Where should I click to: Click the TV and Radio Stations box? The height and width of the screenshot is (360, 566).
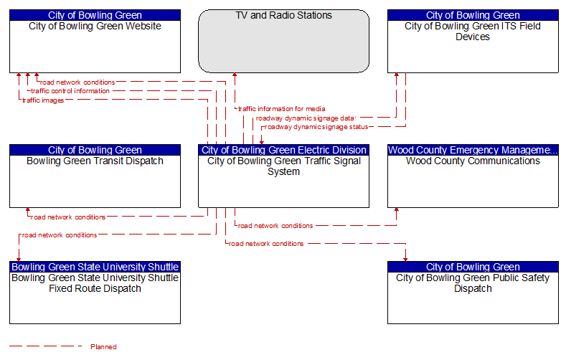tap(284, 41)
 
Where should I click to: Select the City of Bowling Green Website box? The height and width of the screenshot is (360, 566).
tap(95, 41)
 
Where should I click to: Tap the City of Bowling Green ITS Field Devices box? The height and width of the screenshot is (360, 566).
tap(473, 41)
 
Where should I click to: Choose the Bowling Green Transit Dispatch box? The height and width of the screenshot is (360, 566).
tap(95, 176)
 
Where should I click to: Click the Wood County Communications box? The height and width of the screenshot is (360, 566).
tap(473, 176)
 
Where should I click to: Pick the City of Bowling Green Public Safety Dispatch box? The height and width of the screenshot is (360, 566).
tap(473, 293)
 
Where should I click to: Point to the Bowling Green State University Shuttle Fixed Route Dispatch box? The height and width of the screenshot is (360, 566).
tap(95, 293)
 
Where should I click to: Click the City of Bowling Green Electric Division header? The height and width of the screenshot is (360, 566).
tap(284, 150)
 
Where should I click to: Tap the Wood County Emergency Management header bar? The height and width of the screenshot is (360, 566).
tap(473, 150)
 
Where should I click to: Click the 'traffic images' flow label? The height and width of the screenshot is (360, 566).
tap(43, 100)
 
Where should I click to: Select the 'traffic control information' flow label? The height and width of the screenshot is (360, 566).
tap(70, 91)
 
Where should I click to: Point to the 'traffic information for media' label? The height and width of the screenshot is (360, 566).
tap(281, 109)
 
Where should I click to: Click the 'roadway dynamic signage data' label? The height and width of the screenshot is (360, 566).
tap(306, 118)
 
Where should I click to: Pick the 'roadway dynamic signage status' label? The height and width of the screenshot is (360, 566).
tap(316, 127)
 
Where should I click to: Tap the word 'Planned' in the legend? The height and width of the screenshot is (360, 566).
tap(103, 347)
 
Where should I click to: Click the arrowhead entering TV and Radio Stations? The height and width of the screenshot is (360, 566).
tap(235, 75)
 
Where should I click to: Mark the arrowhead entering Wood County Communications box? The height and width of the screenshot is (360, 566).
tap(397, 210)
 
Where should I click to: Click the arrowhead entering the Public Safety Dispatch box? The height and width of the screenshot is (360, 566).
tap(405, 260)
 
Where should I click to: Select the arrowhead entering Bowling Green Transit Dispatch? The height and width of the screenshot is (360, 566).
tap(28, 210)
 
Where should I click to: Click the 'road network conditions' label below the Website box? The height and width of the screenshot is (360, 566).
tap(77, 82)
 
